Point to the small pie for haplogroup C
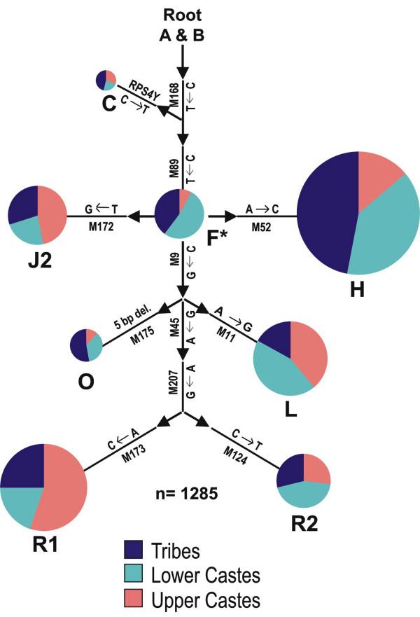click(x=106, y=80)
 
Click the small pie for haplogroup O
click(x=86, y=345)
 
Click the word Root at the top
click(x=181, y=14)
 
